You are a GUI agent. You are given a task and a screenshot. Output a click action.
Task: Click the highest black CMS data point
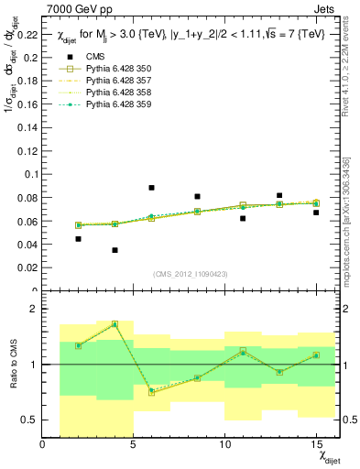(x=151, y=188)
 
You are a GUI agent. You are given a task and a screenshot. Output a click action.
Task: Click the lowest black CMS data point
(x=115, y=250)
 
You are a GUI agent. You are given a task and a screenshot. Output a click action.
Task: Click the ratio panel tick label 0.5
(x=29, y=420)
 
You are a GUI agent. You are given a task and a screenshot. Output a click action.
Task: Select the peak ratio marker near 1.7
(x=115, y=324)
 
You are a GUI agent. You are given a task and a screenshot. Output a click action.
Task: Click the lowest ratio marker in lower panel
(x=151, y=392)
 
